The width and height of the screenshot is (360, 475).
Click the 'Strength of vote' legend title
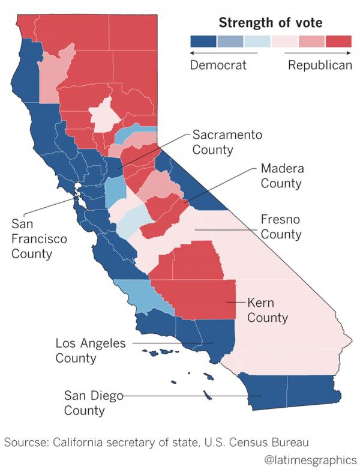[x=270, y=23]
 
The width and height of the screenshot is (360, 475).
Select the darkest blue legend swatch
[x=203, y=41]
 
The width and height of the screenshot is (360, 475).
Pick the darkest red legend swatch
[x=339, y=41]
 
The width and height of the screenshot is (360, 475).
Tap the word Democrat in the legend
[x=218, y=65]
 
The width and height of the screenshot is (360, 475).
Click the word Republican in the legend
[x=320, y=65]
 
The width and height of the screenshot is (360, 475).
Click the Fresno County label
[x=280, y=227]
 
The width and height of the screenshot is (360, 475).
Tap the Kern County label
[x=267, y=310]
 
